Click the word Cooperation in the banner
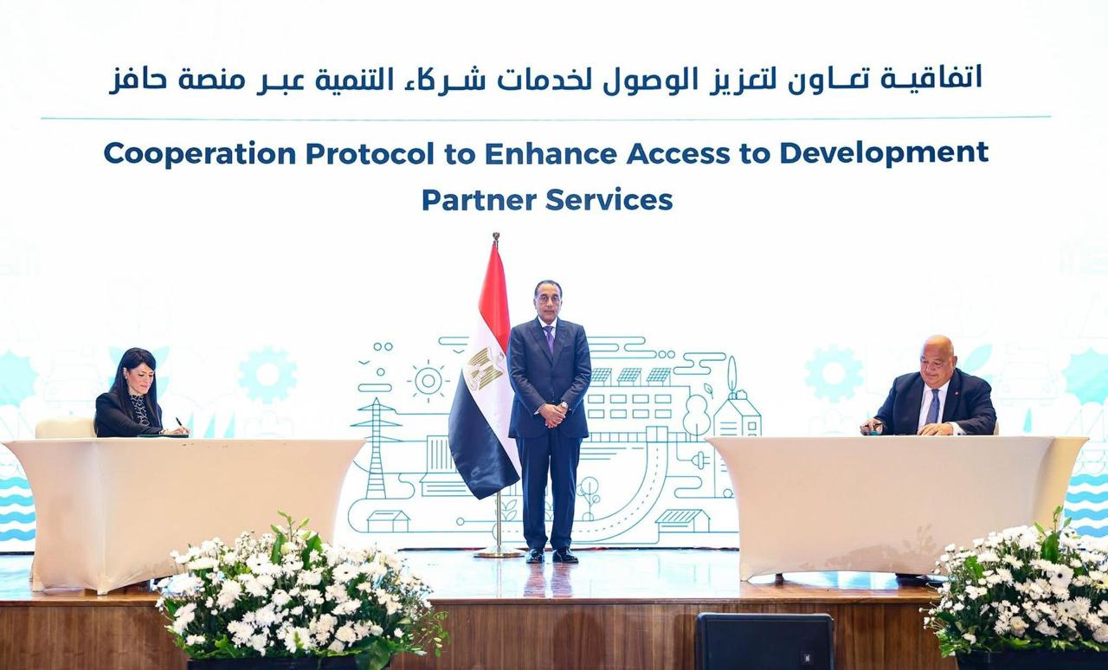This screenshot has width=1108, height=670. click(x=200, y=153)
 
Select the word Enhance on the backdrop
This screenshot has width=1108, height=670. click(x=551, y=153)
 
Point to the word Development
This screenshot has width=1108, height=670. click(x=884, y=154)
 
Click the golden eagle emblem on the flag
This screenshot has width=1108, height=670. click(x=484, y=368)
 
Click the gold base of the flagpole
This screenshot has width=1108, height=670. click(x=499, y=553)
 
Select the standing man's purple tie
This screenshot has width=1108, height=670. click(x=550, y=338)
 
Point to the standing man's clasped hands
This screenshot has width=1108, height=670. click(x=552, y=415)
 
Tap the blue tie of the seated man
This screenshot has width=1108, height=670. click(x=933, y=407)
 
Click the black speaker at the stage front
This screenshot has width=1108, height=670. click(x=764, y=641)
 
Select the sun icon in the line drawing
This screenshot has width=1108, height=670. click(x=428, y=381)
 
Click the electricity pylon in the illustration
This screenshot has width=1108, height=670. click(x=376, y=448)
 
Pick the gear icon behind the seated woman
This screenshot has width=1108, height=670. click(x=268, y=375)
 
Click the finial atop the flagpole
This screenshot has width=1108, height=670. click(x=496, y=237)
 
